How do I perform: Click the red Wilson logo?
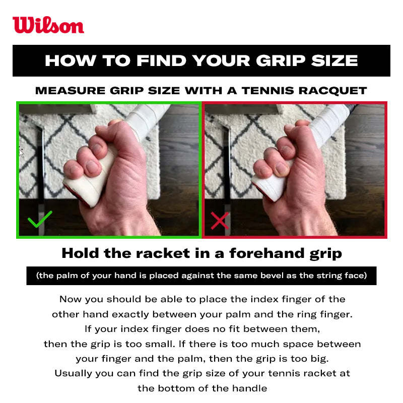pyautogui.click(x=48, y=25)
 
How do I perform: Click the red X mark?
pyautogui.click(x=220, y=221)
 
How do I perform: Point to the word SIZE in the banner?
pyautogui.click(x=334, y=60)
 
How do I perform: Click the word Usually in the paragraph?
pyautogui.click(x=73, y=373)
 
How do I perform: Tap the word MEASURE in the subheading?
pyautogui.click(x=70, y=91)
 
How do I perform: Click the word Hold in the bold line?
pyautogui.click(x=80, y=253)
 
